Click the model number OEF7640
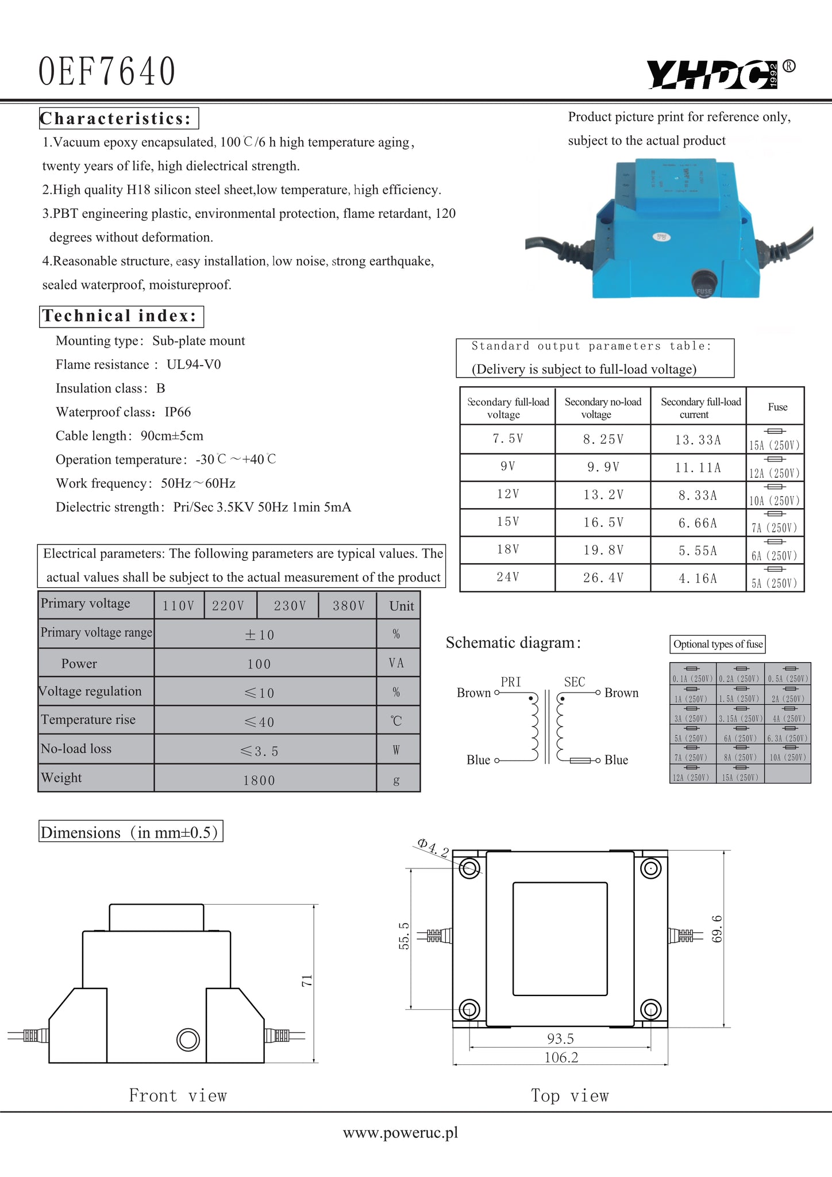coord(107,72)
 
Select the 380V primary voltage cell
coord(348,606)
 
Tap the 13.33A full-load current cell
coord(698,440)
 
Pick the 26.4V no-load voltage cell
coord(603,578)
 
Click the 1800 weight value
coord(259,780)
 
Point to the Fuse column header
coord(777,407)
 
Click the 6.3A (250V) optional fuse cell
coord(787,735)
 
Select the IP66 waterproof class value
coord(178,412)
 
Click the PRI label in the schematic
coord(510,682)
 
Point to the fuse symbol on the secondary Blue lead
coord(580,760)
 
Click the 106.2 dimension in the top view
coord(561,1057)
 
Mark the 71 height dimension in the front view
coord(307,980)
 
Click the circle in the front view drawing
coord(188,1039)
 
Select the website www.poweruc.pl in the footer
coord(400,1133)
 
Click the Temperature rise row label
coord(88,720)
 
